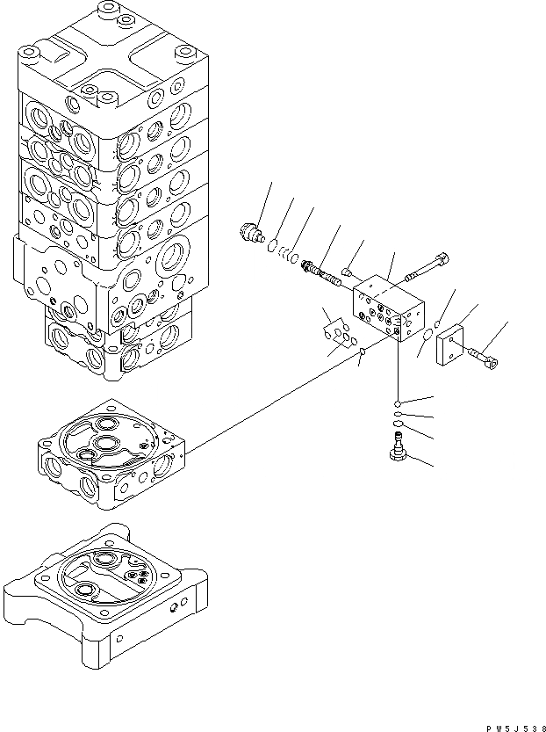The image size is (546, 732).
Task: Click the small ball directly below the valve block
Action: pos(398,402)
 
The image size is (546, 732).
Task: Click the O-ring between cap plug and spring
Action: pos(273,244)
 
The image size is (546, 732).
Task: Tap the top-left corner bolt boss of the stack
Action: pos(30,54)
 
